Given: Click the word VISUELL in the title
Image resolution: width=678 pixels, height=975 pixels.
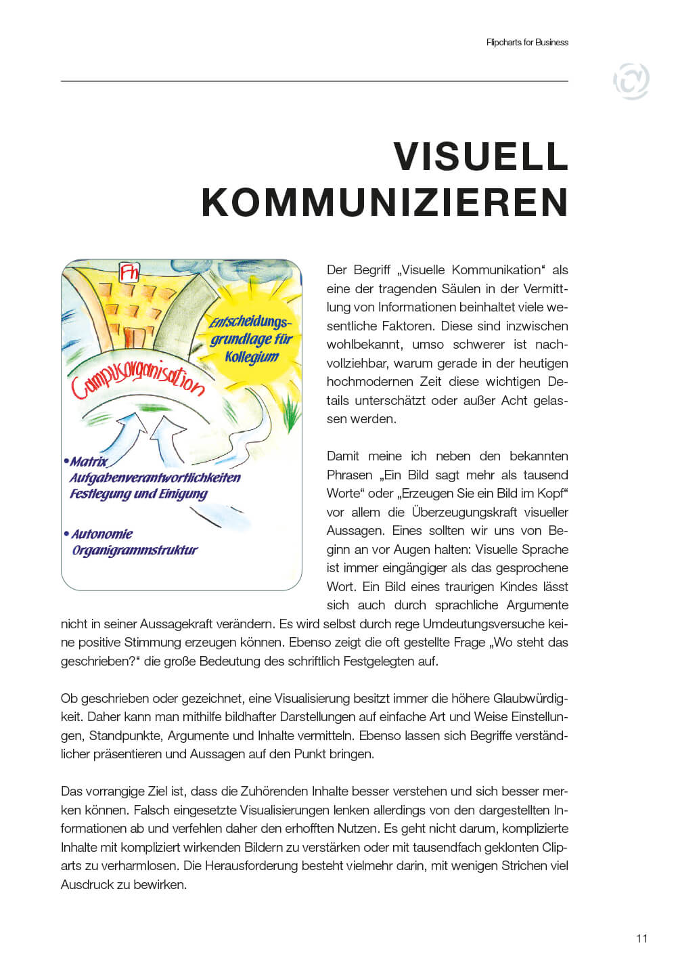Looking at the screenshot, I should click(x=480, y=157).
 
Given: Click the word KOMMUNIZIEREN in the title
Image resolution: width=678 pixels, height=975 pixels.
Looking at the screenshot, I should click(x=384, y=202).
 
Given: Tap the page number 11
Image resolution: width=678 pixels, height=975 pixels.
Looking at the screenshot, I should click(x=641, y=938).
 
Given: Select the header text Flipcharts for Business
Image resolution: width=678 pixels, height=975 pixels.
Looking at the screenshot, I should click(x=527, y=42).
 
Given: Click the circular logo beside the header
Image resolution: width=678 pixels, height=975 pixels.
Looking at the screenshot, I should click(x=631, y=81).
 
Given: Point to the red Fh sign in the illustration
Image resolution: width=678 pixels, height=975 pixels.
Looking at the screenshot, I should click(x=129, y=272).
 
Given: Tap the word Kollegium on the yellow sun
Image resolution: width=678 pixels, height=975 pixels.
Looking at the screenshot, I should click(x=252, y=357).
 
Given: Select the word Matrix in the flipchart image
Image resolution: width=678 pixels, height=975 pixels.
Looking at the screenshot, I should click(x=89, y=462).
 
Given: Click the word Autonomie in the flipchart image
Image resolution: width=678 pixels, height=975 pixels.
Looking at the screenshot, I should click(x=102, y=534).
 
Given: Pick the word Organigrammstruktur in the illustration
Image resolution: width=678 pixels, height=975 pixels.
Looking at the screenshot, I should click(x=135, y=550).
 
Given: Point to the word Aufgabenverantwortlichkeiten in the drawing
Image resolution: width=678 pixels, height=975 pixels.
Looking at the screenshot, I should click(x=155, y=478).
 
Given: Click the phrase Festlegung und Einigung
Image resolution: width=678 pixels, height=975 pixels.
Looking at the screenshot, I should click(x=139, y=494).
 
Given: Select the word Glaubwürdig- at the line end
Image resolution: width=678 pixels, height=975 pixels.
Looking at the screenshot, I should click(x=530, y=698).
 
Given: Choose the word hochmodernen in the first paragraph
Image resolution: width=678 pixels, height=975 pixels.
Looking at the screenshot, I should click(x=369, y=382).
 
